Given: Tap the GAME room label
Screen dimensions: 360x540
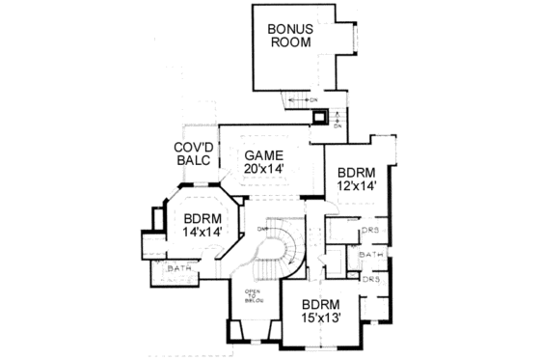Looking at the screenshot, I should pos(263,156).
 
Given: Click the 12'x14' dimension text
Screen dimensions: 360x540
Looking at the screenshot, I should pos(356,186).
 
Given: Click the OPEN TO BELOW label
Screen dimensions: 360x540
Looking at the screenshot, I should pos(253,294).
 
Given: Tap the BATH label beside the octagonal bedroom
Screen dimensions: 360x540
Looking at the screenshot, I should pos(178,267).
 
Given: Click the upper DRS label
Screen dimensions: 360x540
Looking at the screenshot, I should pos(370,231).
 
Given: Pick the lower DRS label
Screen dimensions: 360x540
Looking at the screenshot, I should pos(370,278).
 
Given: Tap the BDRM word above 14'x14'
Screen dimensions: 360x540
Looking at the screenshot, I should pos(203,219).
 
